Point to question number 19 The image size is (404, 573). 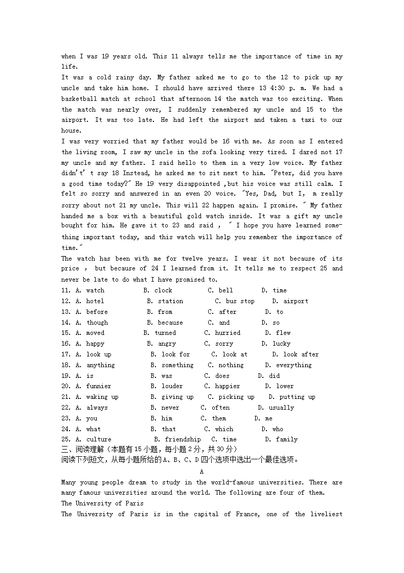coord(65,376)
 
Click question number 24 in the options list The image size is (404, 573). coord(65,429)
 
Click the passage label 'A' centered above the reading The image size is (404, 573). coord(202,471)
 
